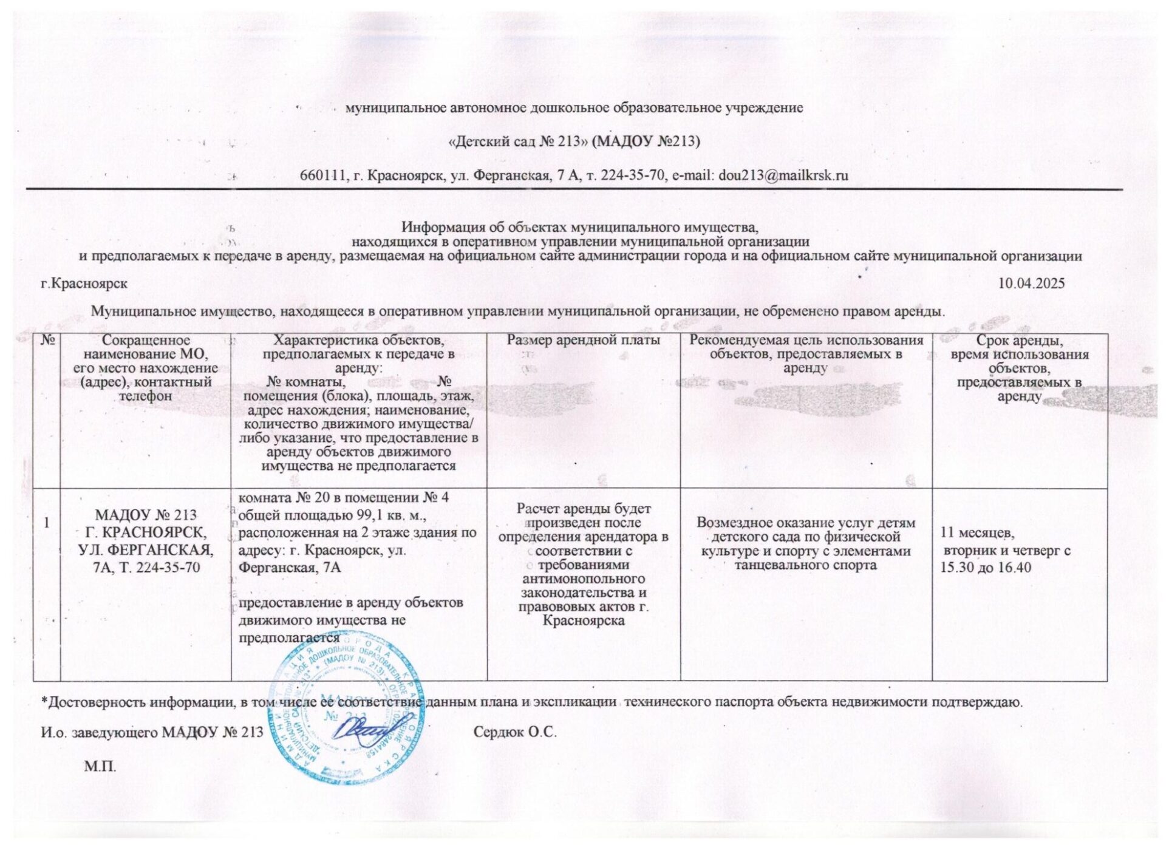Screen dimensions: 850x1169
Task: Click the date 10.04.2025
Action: tap(1031, 284)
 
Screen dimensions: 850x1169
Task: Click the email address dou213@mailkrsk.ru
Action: tap(783, 175)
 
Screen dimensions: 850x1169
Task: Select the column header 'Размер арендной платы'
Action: tap(583, 341)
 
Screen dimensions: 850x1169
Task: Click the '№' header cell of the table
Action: tap(47, 341)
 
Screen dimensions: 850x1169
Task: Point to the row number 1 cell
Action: tap(47, 523)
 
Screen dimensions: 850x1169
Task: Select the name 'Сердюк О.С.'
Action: tap(515, 732)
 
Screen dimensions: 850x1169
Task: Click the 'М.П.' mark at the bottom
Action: tap(100, 767)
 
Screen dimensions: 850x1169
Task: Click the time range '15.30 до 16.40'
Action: tap(985, 568)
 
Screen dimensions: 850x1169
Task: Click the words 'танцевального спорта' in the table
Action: tap(805, 565)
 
